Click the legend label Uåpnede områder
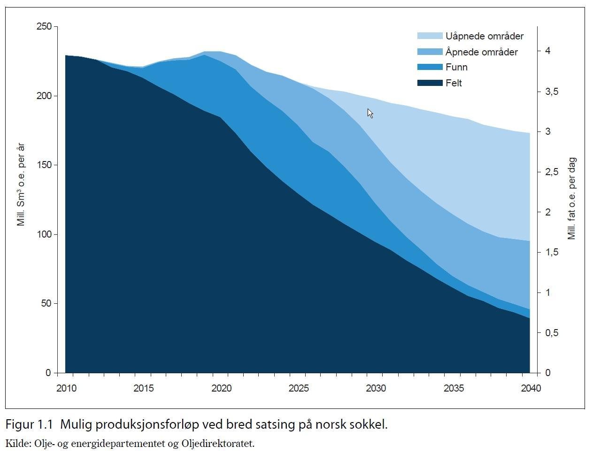pyautogui.click(x=484, y=36)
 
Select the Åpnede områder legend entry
pyautogui.click(x=481, y=52)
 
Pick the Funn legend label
pyautogui.click(x=456, y=67)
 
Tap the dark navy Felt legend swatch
pyautogui.click(x=430, y=83)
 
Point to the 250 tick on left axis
pyautogui.click(x=44, y=26)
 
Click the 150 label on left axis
pyautogui.click(x=44, y=165)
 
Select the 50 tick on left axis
pyautogui.click(x=46, y=303)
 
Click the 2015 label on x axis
pyautogui.click(x=143, y=388)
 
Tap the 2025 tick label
pyautogui.click(x=299, y=388)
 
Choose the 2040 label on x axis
pyautogui.click(x=531, y=388)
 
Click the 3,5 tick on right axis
pyautogui.click(x=551, y=92)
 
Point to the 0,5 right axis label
pyautogui.click(x=551, y=333)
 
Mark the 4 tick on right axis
pyautogui.click(x=547, y=51)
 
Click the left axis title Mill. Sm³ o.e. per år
pyautogui.click(x=21, y=185)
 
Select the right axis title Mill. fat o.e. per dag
pyautogui.click(x=572, y=199)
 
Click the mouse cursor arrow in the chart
pyautogui.click(x=370, y=113)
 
